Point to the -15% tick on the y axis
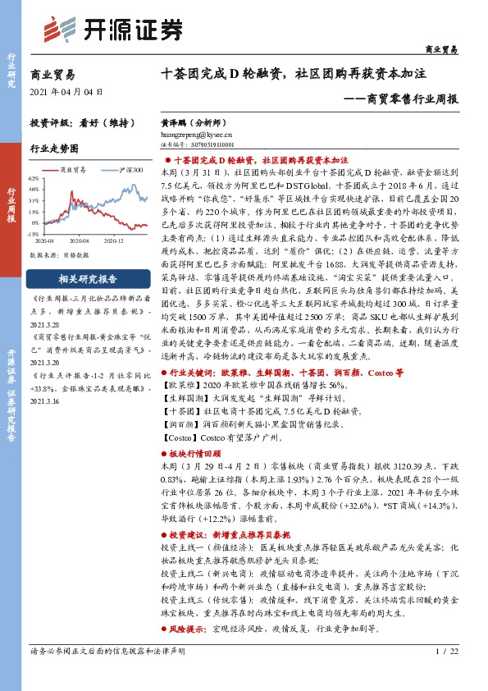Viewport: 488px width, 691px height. tap(34, 233)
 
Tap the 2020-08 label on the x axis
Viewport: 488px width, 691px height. tap(79, 240)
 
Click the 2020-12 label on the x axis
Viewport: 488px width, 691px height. tap(113, 240)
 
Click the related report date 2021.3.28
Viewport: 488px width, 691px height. tap(48, 324)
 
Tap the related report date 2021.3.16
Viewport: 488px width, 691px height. tap(48, 401)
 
